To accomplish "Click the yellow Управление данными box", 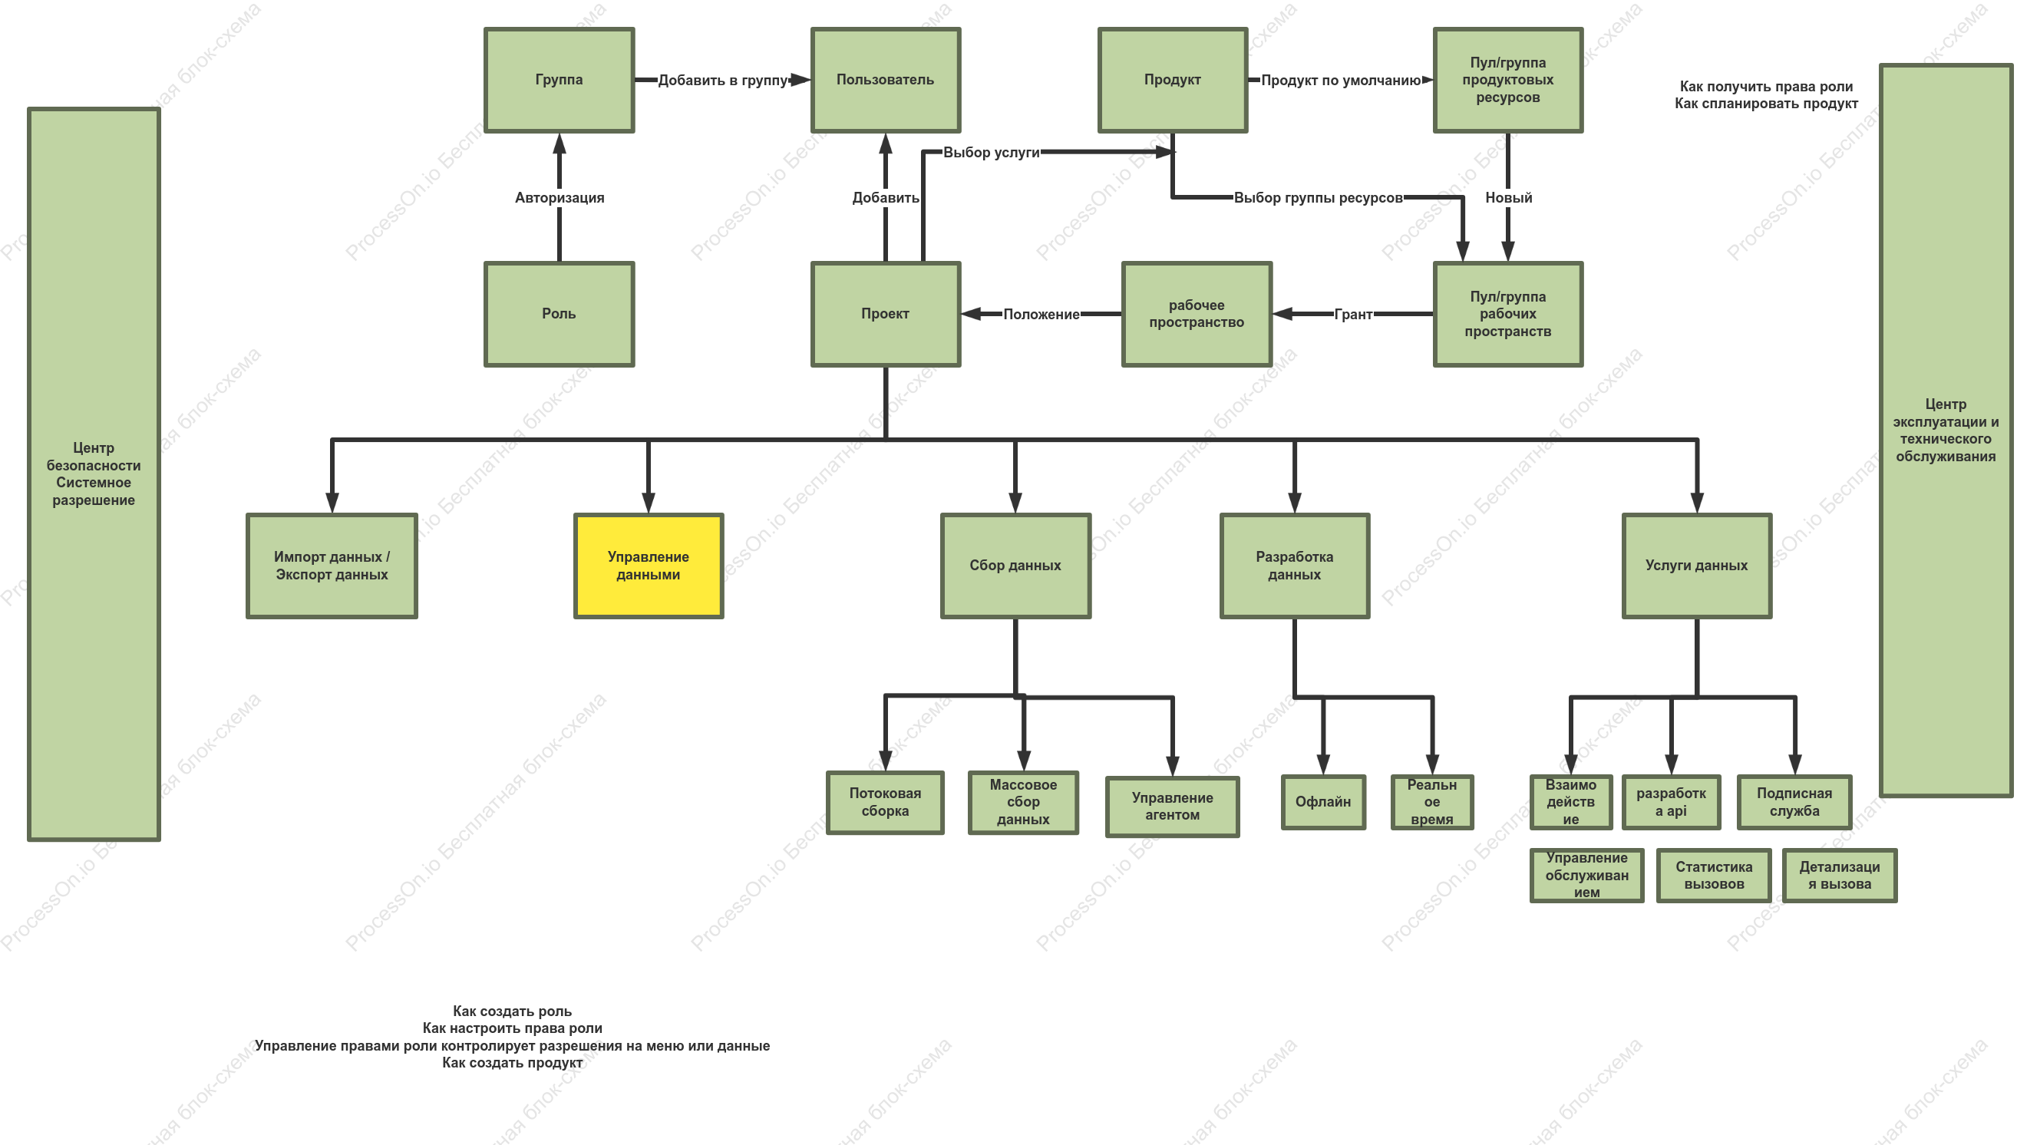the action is [649, 566].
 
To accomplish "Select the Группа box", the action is [559, 80].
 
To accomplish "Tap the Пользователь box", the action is [886, 80].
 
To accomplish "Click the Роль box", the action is [559, 314].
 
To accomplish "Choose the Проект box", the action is [886, 314].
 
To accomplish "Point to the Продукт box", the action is [1173, 80].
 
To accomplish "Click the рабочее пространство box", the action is [1197, 314].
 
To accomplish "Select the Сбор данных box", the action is [1015, 566].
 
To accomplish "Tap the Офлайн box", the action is [1323, 802].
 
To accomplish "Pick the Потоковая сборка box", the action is [886, 802].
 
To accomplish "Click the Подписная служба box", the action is [1794, 802].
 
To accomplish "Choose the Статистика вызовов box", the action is [1714, 875].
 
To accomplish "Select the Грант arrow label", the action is [1353, 315].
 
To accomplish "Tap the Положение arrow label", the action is [1041, 315].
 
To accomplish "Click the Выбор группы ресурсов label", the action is [1319, 198].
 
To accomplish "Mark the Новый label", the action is [1509, 198].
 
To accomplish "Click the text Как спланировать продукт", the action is [1766, 104].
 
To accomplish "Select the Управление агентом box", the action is [1173, 806].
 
